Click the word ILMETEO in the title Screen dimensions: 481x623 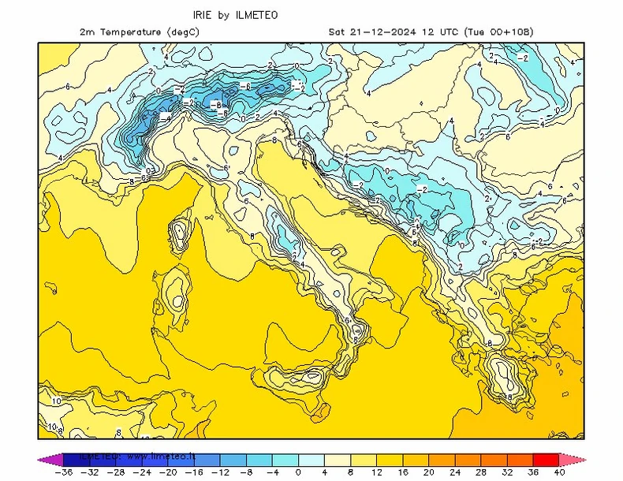(x=256, y=15)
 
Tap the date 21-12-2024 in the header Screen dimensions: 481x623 (x=383, y=32)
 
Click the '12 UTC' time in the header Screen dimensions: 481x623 (x=438, y=32)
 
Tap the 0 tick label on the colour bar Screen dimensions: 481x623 (x=299, y=472)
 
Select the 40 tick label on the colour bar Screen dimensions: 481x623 (x=559, y=472)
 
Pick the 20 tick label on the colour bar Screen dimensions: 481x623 (x=429, y=472)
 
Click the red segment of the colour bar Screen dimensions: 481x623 (x=546, y=459)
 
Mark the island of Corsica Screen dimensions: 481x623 (x=180, y=233)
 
